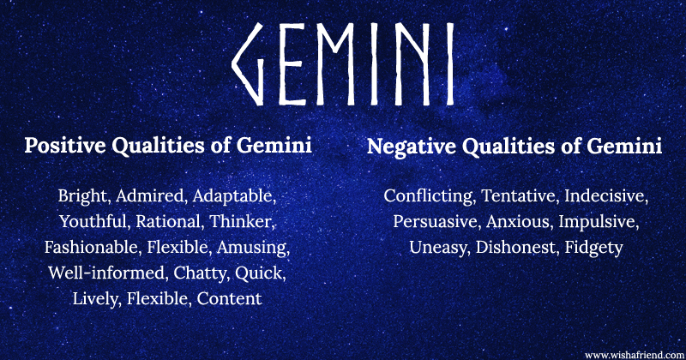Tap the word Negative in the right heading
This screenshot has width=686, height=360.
(x=412, y=146)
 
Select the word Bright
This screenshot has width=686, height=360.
(x=83, y=196)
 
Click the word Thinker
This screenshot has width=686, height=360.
(x=243, y=221)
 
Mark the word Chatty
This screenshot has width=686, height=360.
(x=201, y=273)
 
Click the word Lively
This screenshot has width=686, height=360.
(x=96, y=299)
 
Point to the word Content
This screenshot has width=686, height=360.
(x=229, y=299)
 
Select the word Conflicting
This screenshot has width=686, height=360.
(x=430, y=196)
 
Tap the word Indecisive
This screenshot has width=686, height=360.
(x=606, y=195)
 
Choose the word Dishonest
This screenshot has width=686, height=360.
(x=517, y=247)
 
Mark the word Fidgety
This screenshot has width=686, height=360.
(x=593, y=248)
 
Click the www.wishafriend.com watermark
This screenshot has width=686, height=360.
(x=635, y=355)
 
